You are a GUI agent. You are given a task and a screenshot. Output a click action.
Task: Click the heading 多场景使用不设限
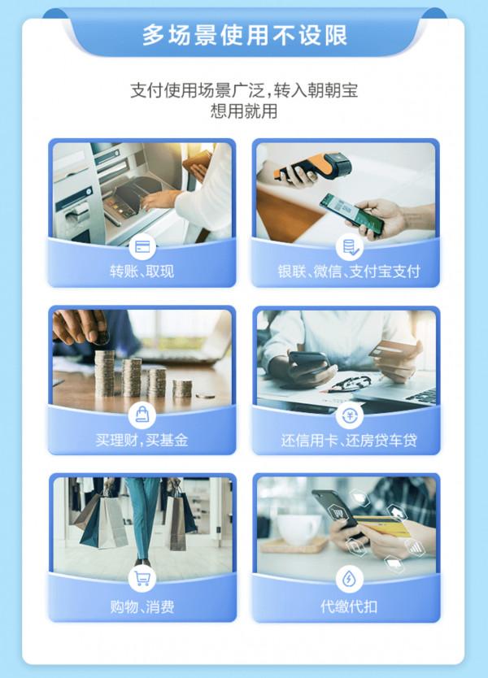(x=244, y=35)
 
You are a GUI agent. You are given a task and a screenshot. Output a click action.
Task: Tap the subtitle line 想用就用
(x=244, y=111)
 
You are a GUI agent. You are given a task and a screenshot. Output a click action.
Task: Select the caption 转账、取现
(x=142, y=272)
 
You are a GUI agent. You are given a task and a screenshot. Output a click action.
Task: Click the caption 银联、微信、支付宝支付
(x=347, y=272)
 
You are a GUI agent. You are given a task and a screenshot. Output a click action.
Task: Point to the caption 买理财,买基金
(x=142, y=440)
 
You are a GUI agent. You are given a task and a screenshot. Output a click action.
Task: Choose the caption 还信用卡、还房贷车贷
(x=347, y=440)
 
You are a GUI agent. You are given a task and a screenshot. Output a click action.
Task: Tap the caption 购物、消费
(x=142, y=606)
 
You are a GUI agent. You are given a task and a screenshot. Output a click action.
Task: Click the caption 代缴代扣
(x=347, y=606)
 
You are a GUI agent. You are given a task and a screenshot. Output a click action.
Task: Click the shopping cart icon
(x=143, y=579)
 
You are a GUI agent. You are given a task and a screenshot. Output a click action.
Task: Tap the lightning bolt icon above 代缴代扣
(x=347, y=579)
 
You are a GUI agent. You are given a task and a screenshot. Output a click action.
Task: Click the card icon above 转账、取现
(x=143, y=246)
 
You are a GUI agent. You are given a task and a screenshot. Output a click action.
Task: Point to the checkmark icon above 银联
(x=347, y=246)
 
